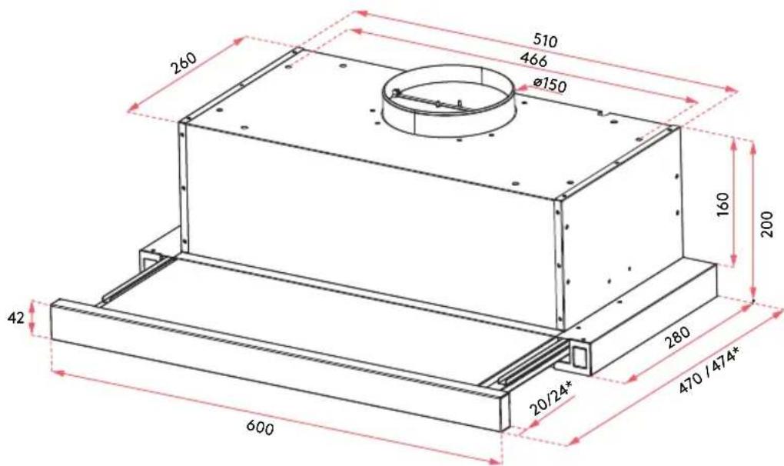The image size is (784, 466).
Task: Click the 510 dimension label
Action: click(545, 40)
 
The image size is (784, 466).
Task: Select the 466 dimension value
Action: click(533, 59)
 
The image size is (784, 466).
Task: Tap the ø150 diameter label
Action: click(550, 85)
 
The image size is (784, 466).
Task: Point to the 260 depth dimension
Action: click(184, 62)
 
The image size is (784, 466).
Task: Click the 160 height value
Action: click(723, 204)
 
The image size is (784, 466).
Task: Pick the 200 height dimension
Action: click(766, 225)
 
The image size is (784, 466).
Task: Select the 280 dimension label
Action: click(677, 337)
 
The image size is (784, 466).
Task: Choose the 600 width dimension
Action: click(260, 428)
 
